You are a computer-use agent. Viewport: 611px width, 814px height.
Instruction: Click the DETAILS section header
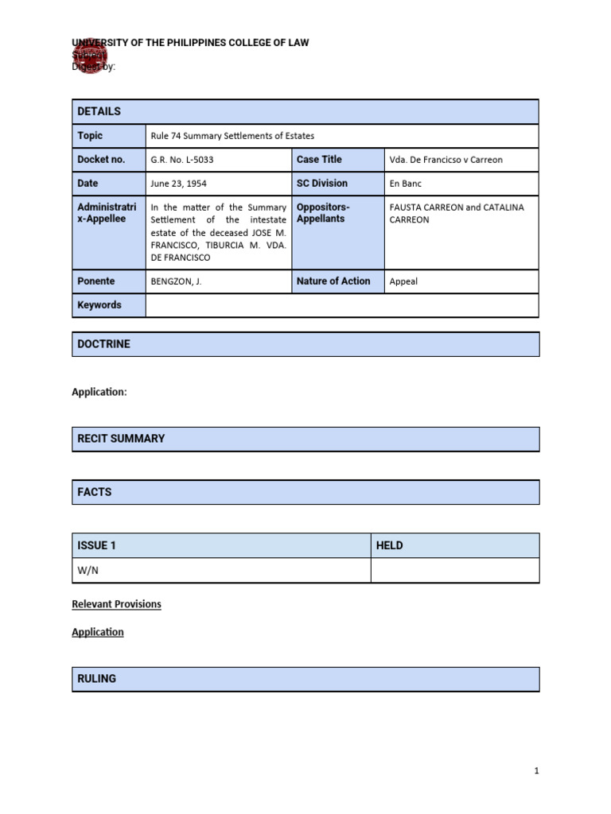pos(99,111)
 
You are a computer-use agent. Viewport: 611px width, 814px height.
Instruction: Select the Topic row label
pos(90,136)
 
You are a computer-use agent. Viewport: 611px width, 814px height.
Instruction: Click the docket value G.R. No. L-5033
pos(182,160)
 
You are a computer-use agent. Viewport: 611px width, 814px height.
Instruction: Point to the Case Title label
pos(319,160)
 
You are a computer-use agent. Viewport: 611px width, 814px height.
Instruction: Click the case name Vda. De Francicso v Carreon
pos(446,160)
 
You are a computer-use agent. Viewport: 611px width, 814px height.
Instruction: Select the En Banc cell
pos(406,184)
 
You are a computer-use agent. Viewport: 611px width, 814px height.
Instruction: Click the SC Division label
pos(322,184)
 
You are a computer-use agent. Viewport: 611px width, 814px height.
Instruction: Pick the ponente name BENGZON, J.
pos(176,281)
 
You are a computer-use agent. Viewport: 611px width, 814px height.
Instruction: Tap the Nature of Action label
pos(333,281)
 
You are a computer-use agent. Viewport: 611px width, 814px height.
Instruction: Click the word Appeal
pos(403,281)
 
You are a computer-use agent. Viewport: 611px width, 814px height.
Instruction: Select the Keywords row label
pos(99,305)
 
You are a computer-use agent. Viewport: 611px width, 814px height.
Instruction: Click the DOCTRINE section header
pos(104,344)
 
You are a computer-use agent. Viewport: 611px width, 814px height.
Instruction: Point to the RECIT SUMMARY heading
pos(121,439)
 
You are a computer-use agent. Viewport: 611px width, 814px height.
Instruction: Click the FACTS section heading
pos(95,492)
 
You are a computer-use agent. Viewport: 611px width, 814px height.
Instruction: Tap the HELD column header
pos(390,545)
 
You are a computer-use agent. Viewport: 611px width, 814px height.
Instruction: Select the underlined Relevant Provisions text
pos(116,604)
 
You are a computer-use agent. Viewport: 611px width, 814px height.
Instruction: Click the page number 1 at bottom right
pos(537,771)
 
